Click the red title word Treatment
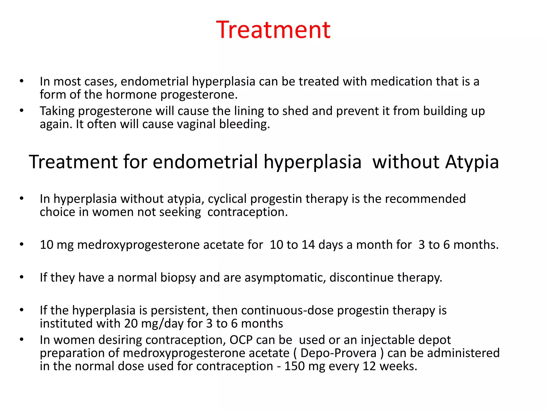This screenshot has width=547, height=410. point(273,30)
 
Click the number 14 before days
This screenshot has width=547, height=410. point(308,245)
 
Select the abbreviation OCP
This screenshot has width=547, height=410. point(241,340)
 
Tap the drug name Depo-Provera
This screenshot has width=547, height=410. point(338,353)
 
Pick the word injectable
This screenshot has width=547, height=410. point(387,340)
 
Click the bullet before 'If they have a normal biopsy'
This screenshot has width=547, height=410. point(22,277)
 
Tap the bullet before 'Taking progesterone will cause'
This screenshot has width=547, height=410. point(22,111)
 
